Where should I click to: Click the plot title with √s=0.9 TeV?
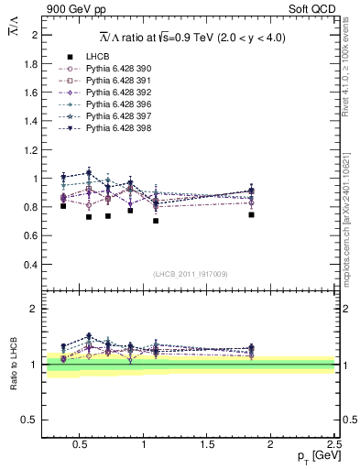[192, 37]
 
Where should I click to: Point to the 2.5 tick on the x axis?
[333, 443]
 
